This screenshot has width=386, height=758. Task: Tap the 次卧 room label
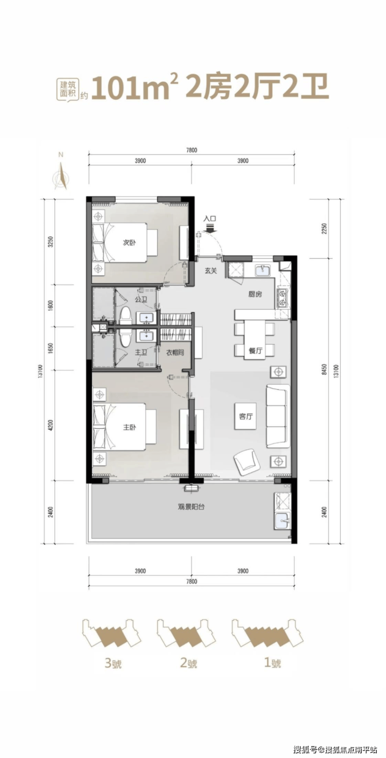pyautogui.click(x=129, y=243)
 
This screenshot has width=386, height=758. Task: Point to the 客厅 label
pyautogui.click(x=246, y=417)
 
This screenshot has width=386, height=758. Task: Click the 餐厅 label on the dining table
pyautogui.click(x=256, y=351)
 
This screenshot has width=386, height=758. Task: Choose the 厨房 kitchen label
pyautogui.click(x=255, y=294)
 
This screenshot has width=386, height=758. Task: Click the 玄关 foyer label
pyautogui.click(x=210, y=271)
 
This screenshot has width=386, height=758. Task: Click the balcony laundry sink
pyautogui.click(x=282, y=521)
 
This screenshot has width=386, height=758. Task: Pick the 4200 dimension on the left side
pyautogui.click(x=51, y=425)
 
